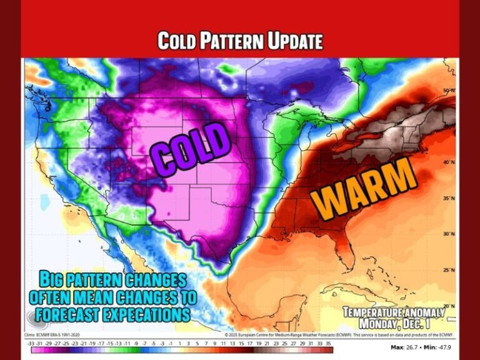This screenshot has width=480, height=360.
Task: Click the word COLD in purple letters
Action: (x=190, y=149)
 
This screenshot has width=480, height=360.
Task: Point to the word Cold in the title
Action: (x=171, y=41)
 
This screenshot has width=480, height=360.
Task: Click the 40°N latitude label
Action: (x=447, y=162)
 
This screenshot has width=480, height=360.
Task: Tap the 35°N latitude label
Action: (x=447, y=198)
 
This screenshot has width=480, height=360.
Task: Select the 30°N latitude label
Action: (x=447, y=234)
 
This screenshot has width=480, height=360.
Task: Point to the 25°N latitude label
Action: (x=447, y=271)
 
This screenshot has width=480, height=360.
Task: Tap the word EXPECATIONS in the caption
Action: (x=148, y=313)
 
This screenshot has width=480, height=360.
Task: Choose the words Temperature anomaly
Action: (x=394, y=312)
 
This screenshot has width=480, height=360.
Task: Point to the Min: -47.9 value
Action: (x=441, y=346)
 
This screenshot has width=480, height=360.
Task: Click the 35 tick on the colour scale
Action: (x=327, y=344)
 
